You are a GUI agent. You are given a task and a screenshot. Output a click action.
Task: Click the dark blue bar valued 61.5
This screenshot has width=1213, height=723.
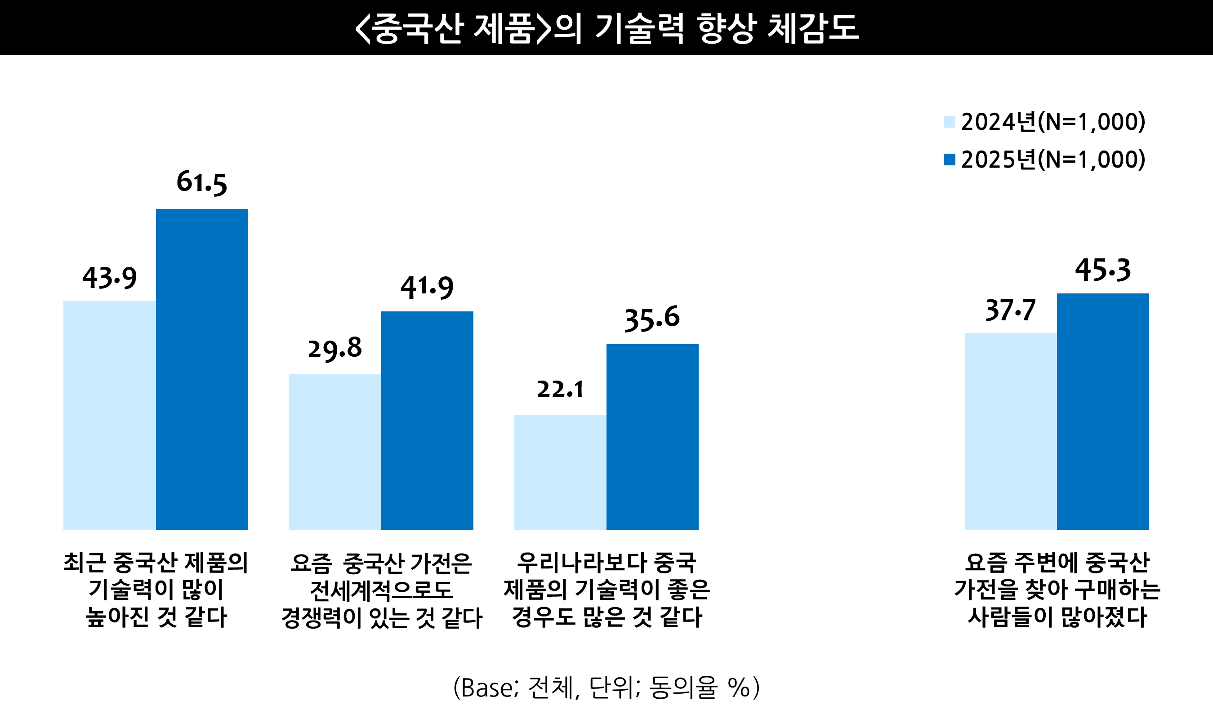click(x=202, y=369)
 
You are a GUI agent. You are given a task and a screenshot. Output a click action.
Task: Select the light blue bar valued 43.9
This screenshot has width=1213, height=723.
click(x=110, y=415)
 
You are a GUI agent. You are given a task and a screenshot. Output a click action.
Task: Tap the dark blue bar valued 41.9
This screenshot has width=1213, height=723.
click(x=427, y=420)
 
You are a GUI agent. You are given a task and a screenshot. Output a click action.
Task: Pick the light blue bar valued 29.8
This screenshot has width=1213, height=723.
click(x=335, y=452)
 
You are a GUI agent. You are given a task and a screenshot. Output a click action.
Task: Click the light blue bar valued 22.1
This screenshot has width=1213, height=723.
click(x=560, y=472)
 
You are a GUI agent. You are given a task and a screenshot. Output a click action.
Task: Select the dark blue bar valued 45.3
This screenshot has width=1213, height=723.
click(x=1103, y=411)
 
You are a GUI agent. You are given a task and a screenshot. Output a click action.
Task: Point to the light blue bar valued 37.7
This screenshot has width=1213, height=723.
click(x=1011, y=431)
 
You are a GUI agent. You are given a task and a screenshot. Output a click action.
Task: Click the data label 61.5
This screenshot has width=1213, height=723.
click(x=202, y=182)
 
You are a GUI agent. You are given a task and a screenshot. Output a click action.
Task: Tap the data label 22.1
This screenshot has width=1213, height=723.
click(x=560, y=389)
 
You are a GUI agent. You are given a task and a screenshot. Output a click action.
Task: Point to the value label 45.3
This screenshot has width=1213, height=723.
click(x=1103, y=270)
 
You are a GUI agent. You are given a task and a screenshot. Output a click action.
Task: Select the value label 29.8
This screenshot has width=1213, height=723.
click(x=335, y=348)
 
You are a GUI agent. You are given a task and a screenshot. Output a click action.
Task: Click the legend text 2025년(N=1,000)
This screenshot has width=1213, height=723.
click(x=1052, y=160)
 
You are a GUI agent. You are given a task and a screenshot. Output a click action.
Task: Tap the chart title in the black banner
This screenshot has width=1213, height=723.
click(x=606, y=28)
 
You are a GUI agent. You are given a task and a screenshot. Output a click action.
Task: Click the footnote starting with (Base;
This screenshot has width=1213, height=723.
click(x=606, y=688)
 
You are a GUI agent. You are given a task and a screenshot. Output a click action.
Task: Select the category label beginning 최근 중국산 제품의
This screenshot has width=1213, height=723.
click(x=156, y=590)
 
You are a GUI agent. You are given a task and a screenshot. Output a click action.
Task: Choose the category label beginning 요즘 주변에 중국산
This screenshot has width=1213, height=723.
click(x=1057, y=590)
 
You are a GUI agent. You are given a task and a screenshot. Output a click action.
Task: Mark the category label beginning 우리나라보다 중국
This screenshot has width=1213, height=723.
click(x=606, y=590)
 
